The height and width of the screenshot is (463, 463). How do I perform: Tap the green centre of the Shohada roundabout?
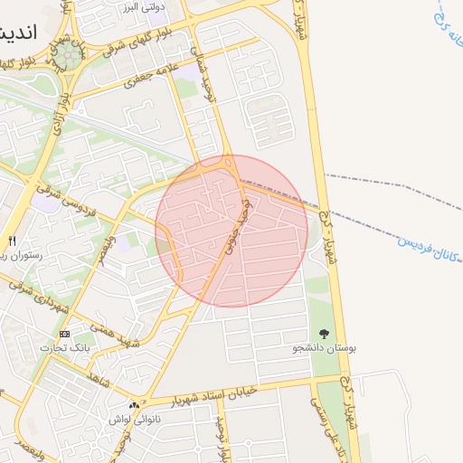pyautogui.click(x=68, y=57)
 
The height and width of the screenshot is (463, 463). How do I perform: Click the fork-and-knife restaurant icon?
pyautogui.click(x=12, y=241)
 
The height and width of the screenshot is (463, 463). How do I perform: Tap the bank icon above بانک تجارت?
pyautogui.click(x=64, y=334)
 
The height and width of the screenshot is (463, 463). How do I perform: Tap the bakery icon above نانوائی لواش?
pyautogui.click(x=134, y=406)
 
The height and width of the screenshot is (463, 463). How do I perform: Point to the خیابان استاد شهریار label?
pyautogui.click(x=211, y=397)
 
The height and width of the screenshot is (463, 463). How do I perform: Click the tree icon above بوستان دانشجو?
pyautogui.click(x=325, y=333)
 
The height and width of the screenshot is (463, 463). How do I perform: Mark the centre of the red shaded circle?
pyautogui.click(x=231, y=231)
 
